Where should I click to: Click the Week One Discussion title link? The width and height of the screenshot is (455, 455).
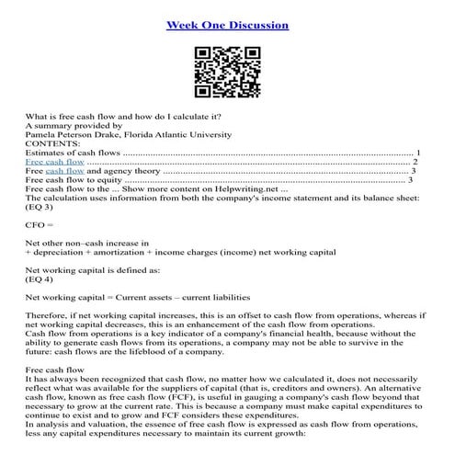pyautogui.click(x=227, y=25)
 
